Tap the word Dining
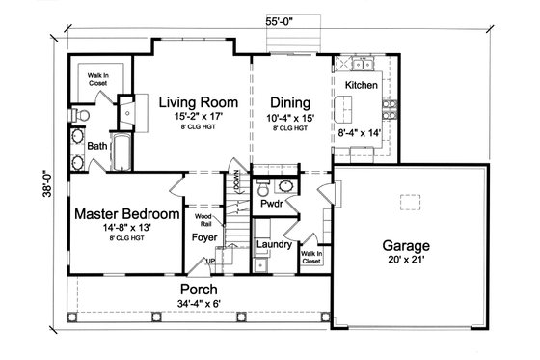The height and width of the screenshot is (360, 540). click(289, 102)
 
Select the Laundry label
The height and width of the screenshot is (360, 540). click(274, 245)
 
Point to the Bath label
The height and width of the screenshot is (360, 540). click(97, 146)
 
